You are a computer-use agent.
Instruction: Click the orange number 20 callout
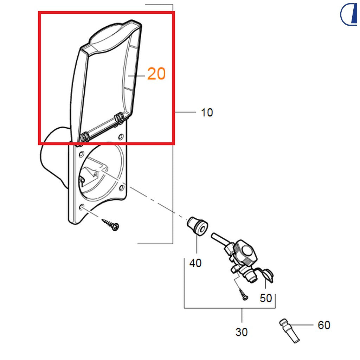pos(156,74)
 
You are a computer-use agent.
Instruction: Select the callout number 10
pos(207,112)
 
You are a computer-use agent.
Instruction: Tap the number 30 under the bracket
pos(242,332)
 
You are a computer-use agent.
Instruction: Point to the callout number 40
pos(195,263)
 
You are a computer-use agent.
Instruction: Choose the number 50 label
pos(266,298)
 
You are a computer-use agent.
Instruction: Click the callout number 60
pos(324,325)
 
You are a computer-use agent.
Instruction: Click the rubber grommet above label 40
pos(198,225)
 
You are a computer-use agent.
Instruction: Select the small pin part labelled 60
pos(289,330)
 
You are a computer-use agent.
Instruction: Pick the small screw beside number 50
pos(243,294)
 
